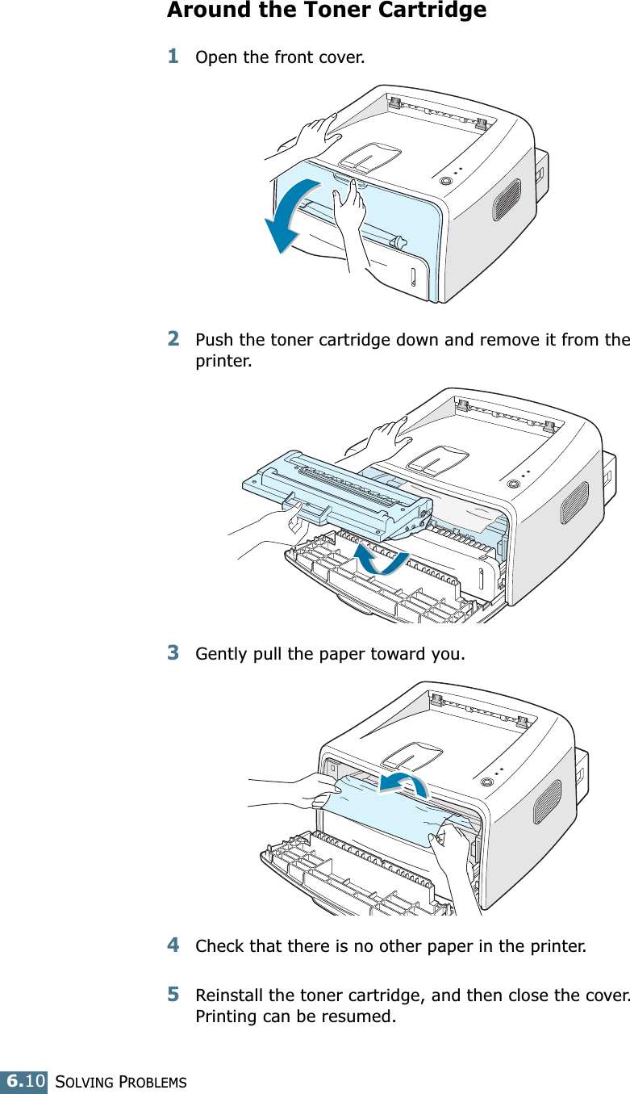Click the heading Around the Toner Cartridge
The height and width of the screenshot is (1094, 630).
326,10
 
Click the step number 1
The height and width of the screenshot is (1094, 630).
173,57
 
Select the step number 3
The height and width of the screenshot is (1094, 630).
173,651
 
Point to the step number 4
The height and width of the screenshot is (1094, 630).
173,944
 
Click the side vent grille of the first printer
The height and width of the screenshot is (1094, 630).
507,199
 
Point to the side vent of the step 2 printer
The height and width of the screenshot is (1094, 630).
575,503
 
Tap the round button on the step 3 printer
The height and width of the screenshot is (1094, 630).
486,782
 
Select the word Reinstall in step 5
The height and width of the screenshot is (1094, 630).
227,995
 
